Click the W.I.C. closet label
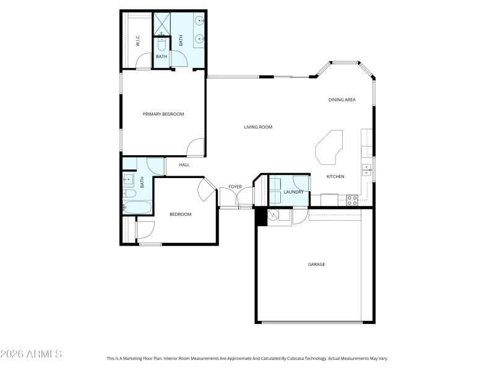pos(137,41)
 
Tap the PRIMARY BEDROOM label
pos(163,114)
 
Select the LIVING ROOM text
pos(258,127)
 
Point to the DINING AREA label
pos(342,100)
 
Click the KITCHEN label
pos(335,177)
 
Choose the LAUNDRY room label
pos(293,192)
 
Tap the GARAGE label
pos(316,264)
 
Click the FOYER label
pos(235,186)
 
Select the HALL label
pos(184,164)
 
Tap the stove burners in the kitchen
pos(351,200)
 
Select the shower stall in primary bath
pos(162,23)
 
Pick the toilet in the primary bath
pos(161,45)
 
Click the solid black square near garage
pos(260,216)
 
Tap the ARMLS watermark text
pos(31,354)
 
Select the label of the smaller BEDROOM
pos(181,214)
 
